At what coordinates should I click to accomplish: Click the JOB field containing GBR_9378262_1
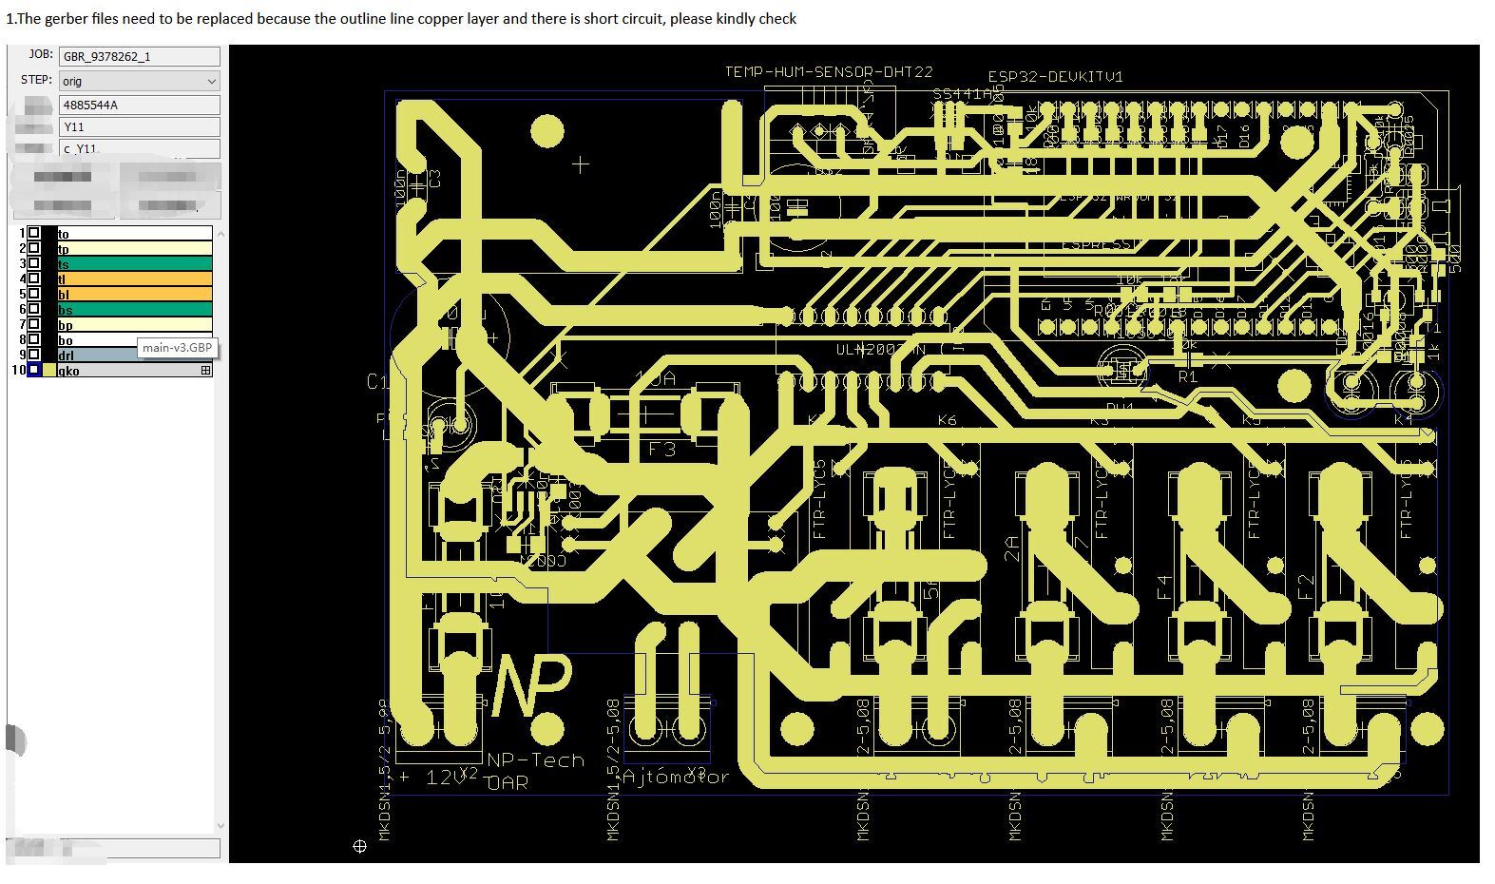(x=139, y=56)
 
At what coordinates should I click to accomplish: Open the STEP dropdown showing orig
(x=139, y=81)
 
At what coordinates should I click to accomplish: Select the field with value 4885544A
(x=139, y=105)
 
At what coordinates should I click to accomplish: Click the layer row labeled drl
(x=134, y=356)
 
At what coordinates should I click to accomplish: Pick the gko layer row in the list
(x=134, y=371)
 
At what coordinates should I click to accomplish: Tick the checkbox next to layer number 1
(x=34, y=233)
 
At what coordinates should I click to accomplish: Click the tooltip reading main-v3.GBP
(x=178, y=348)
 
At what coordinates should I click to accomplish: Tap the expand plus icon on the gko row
(x=205, y=371)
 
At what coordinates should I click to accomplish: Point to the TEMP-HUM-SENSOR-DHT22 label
(x=828, y=72)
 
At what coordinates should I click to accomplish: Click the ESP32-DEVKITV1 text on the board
(x=1055, y=77)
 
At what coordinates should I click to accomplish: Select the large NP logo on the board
(x=531, y=684)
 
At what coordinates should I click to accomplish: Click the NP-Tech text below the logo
(x=535, y=760)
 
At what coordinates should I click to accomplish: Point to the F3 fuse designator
(x=662, y=449)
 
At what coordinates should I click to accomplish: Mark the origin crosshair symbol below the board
(x=359, y=846)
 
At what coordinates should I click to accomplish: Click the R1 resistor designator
(x=1187, y=377)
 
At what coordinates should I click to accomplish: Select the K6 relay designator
(x=947, y=420)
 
